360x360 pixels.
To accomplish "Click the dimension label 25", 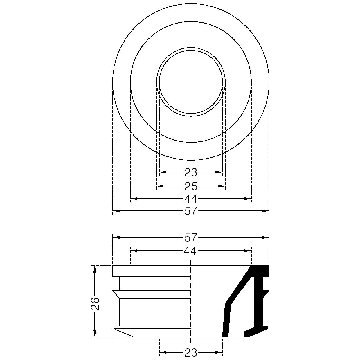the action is [x=191, y=186].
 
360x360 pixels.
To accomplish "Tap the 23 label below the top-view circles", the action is [x=191, y=172].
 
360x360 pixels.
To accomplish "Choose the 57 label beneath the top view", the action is [x=191, y=211].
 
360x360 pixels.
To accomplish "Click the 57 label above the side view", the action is [x=191, y=238].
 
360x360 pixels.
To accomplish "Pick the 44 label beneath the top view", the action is [x=191, y=199].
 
